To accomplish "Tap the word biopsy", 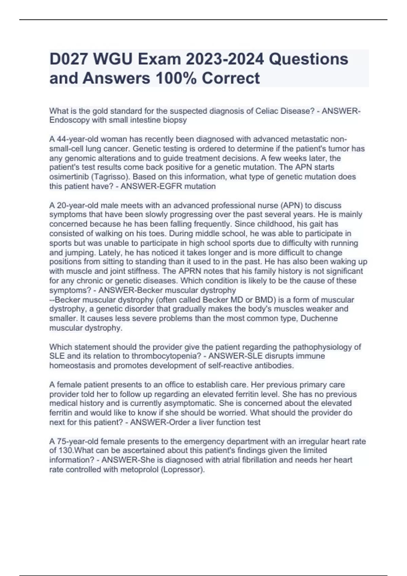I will point(175,120).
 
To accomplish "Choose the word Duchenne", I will point(319,318).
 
